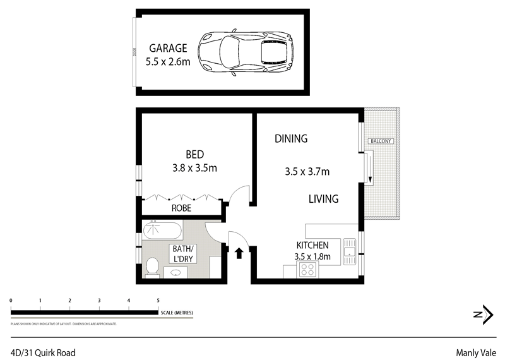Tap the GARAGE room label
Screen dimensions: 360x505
pyautogui.click(x=168, y=48)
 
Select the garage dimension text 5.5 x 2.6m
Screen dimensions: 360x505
pyautogui.click(x=168, y=62)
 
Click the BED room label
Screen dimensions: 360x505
pyautogui.click(x=194, y=154)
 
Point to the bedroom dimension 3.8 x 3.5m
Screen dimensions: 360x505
pyautogui.click(x=194, y=168)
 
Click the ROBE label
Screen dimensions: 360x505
pyautogui.click(x=182, y=208)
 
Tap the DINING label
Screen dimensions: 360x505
pyautogui.click(x=291, y=139)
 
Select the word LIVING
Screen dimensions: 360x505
pyautogui.click(x=323, y=199)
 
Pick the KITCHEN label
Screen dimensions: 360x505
pyautogui.click(x=312, y=245)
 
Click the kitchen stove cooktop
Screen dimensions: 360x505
pyautogui.click(x=307, y=270)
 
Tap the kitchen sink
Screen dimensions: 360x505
pyautogui.click(x=348, y=251)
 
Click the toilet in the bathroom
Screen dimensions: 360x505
pyautogui.click(x=152, y=268)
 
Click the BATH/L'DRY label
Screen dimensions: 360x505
pyautogui.click(x=185, y=253)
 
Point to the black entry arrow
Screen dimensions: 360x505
pyautogui.click(x=239, y=253)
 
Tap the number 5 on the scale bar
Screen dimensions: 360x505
pyautogui.click(x=158, y=301)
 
